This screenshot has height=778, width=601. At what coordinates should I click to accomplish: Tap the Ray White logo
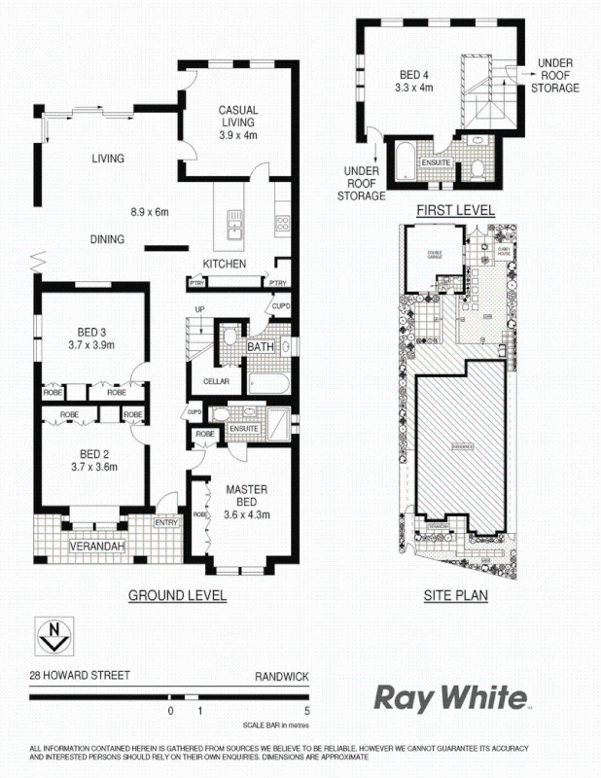(x=451, y=697)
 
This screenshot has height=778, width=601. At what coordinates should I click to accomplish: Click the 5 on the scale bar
(x=306, y=712)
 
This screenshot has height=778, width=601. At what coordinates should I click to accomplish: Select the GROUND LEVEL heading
(x=178, y=595)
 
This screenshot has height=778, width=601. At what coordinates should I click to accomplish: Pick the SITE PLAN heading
(x=455, y=595)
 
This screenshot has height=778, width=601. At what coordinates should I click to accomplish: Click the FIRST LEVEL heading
(x=455, y=210)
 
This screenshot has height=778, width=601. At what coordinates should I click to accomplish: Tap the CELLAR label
(x=216, y=381)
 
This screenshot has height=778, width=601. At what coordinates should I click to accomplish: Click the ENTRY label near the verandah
(x=167, y=523)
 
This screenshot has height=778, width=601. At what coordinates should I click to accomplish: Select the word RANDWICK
(x=282, y=673)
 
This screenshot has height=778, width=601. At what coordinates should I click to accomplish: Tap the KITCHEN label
(x=224, y=265)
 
